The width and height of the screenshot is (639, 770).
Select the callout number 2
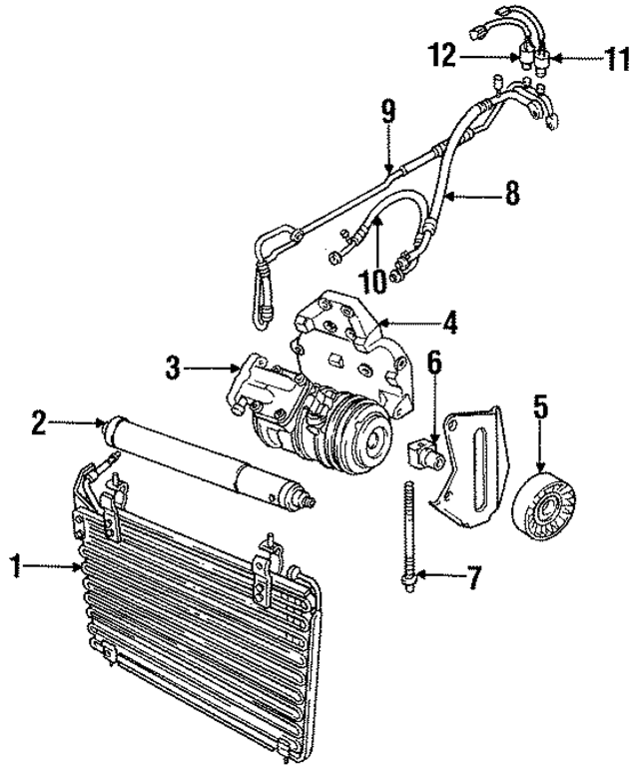[38, 423]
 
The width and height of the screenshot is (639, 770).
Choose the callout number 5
[540, 406]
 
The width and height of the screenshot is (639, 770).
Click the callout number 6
[434, 364]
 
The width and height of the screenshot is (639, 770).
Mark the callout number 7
[474, 575]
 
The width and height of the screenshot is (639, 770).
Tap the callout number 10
[373, 281]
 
